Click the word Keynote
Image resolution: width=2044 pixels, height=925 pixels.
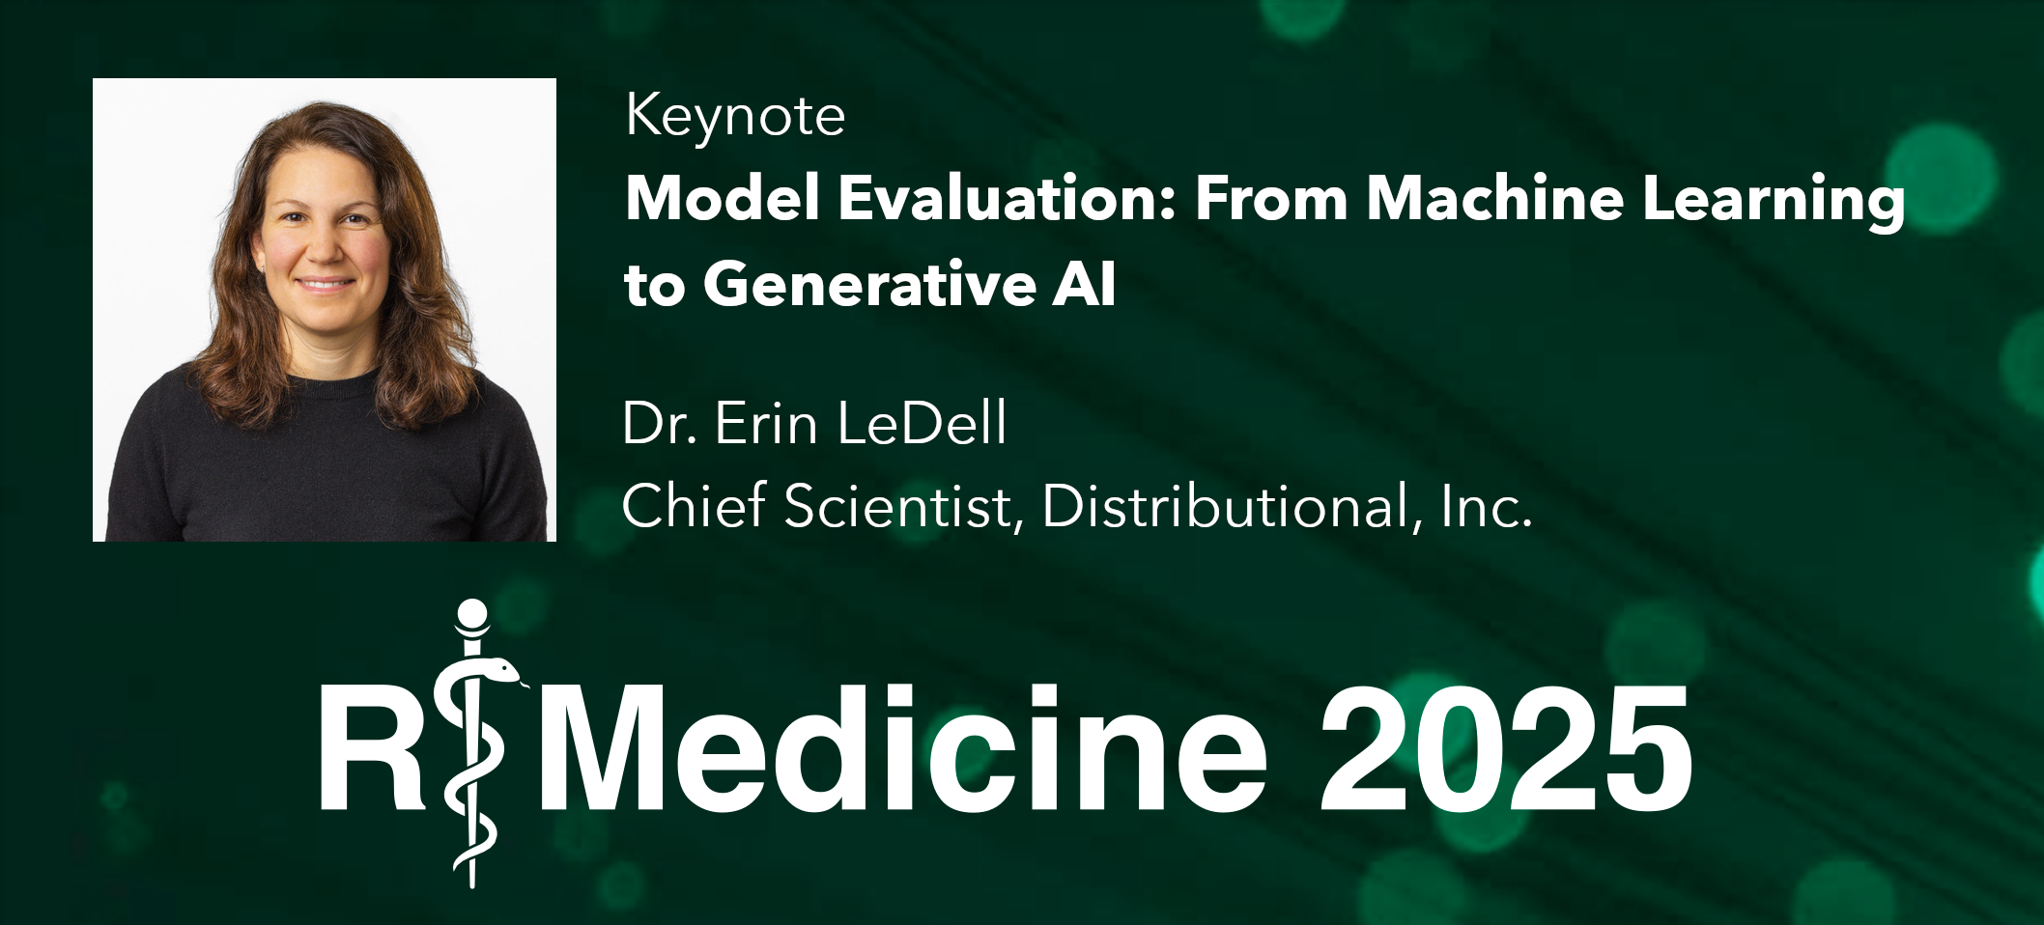tap(735, 118)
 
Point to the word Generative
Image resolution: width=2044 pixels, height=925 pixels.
tap(869, 285)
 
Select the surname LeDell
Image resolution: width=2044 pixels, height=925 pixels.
tap(922, 423)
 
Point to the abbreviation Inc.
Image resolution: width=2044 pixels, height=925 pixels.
tap(1487, 506)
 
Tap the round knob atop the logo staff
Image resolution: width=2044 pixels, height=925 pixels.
tap(472, 615)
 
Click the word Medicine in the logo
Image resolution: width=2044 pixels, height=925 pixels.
tap(902, 747)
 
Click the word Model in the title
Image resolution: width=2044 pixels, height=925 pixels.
tap(723, 198)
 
